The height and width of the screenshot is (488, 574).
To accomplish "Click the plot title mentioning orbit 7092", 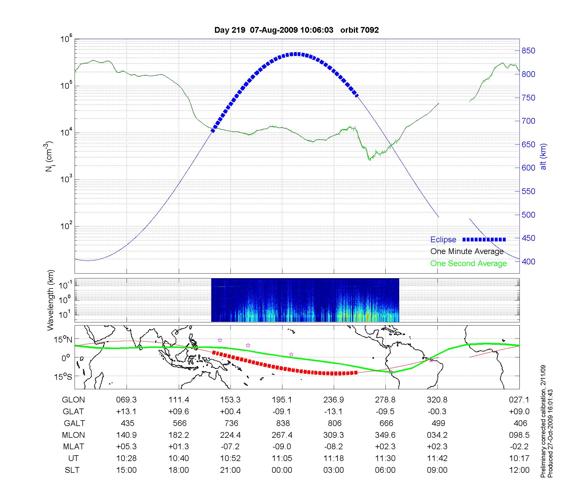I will (x=296, y=30).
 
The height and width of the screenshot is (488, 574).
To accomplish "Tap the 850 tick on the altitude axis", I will (x=528, y=51).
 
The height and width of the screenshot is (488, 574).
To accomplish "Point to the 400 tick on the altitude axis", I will (x=528, y=262).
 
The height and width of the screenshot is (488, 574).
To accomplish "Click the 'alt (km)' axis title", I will (x=543, y=157).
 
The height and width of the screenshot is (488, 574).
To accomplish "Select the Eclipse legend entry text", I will (x=443, y=240).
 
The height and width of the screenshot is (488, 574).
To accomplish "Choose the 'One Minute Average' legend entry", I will (x=467, y=251).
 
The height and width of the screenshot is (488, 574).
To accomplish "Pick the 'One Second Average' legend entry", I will (x=468, y=264).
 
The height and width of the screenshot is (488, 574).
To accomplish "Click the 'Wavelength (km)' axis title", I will (x=51, y=300).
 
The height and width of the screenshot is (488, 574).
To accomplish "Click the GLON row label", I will (x=73, y=400).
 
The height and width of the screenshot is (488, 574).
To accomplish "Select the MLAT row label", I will (x=73, y=447).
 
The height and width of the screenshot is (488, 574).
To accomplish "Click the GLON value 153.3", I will (x=230, y=400).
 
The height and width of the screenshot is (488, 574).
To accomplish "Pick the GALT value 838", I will (x=283, y=423).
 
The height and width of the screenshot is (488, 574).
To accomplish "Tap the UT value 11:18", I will (x=333, y=458).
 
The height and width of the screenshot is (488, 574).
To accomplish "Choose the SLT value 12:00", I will (x=520, y=470).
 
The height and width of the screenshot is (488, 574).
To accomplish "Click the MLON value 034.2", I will (x=437, y=435).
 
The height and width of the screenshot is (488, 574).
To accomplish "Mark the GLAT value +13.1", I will (x=126, y=412).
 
